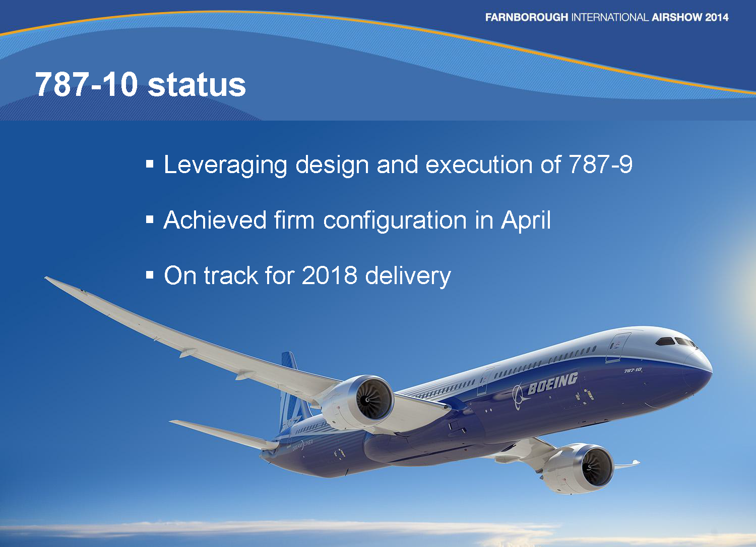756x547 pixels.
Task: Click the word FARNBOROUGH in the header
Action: coord(526,17)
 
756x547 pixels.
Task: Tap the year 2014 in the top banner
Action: coord(717,17)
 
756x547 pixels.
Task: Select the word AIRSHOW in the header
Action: coord(676,17)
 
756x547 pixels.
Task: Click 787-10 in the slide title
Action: coord(86,84)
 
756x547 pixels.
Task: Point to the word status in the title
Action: coord(197,84)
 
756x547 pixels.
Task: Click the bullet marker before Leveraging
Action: coord(150,164)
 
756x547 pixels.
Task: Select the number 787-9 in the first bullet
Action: coord(600,165)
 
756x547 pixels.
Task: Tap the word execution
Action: coord(479,165)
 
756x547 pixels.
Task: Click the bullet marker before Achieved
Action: coord(150,220)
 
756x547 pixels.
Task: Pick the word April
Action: coord(526,221)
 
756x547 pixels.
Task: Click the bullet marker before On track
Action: coord(150,275)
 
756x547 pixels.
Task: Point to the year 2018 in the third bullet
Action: coord(329,276)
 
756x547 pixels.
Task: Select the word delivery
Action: coord(408,276)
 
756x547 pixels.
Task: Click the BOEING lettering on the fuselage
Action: coord(552,383)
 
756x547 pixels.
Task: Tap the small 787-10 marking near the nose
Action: coord(633,370)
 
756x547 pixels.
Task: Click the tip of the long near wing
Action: coord(47,278)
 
